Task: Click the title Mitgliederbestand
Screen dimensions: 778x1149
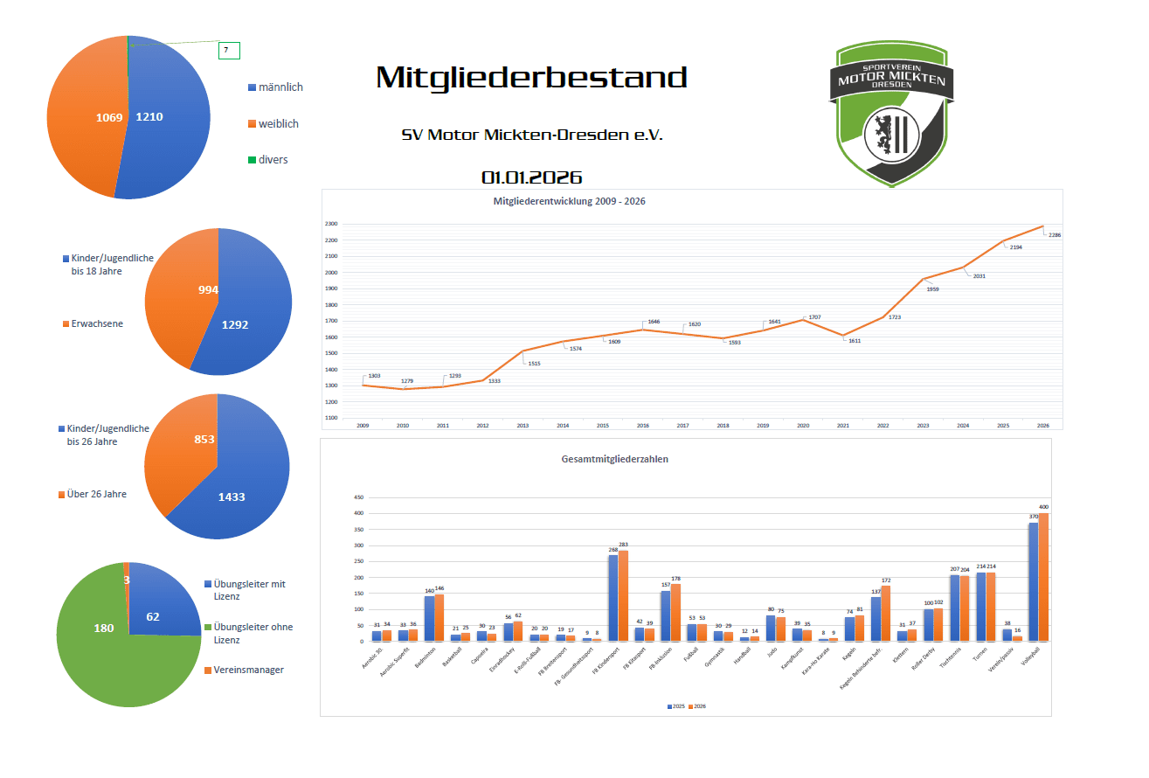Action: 531,78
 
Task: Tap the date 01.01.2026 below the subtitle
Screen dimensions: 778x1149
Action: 531,177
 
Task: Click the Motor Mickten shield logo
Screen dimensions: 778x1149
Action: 891,112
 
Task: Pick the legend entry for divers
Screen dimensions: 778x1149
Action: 272,160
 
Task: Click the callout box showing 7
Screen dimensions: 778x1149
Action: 228,51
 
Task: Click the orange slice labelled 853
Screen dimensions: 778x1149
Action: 188,446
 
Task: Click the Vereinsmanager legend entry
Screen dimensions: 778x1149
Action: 248,670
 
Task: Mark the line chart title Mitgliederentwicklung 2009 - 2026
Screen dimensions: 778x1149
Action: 569,202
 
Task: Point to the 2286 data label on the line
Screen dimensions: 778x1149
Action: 1055,235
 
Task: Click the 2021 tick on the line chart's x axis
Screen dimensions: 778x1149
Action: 843,426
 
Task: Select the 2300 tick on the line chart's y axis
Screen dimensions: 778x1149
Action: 331,224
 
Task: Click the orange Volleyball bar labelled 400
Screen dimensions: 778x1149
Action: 1043,577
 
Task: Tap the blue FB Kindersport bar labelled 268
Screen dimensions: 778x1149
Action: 613,598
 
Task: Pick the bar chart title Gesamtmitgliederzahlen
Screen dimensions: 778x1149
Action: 614,459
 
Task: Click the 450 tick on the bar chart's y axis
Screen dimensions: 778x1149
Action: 357,497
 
